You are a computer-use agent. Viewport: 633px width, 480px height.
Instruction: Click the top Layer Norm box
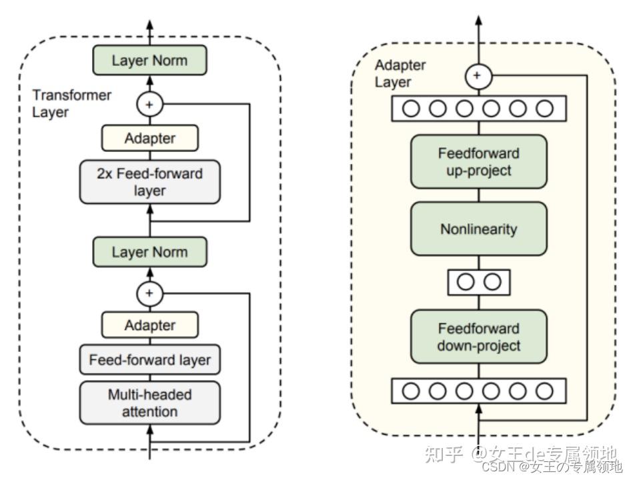(150, 60)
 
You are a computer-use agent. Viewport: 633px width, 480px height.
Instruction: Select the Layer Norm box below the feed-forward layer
(150, 252)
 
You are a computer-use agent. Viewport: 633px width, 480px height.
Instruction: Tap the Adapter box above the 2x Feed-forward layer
(150, 139)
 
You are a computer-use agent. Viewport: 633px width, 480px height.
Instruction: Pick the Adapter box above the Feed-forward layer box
(150, 325)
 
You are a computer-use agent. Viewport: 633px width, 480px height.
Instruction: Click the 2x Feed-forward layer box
(150, 182)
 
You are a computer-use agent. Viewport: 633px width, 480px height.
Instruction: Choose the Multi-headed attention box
(150, 403)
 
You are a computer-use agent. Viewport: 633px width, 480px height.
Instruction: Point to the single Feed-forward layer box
(150, 359)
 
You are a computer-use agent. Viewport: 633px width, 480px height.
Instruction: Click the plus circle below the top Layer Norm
(150, 105)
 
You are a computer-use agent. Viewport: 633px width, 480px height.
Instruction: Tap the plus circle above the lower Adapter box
(150, 293)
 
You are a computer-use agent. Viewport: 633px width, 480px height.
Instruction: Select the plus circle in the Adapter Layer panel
(478, 76)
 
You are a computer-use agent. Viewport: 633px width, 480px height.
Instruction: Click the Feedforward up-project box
(479, 162)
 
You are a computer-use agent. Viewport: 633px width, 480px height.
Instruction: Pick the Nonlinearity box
(479, 229)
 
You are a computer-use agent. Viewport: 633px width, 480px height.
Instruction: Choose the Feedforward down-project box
(479, 337)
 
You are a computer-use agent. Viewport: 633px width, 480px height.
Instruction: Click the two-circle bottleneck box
(479, 283)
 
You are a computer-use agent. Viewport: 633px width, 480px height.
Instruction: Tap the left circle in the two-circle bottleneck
(466, 282)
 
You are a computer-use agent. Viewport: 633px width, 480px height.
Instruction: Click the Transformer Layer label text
(71, 103)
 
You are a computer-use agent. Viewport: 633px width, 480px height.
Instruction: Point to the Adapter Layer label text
(400, 73)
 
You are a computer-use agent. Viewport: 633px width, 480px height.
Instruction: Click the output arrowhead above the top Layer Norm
(150, 24)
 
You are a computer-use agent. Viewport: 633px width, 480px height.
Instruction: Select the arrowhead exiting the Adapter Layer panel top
(478, 20)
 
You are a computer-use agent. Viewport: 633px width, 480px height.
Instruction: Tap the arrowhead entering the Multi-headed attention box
(150, 429)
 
